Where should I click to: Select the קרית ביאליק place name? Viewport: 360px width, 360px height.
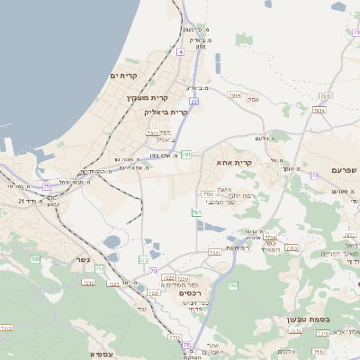click(166, 112)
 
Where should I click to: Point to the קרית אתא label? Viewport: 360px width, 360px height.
click(233, 163)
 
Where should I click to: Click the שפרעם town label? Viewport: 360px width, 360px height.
click(345, 169)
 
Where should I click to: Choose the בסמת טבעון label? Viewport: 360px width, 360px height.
click(338, 319)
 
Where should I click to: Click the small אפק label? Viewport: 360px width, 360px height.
click(253, 99)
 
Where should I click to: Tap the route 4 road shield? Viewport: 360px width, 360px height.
click(180, 52)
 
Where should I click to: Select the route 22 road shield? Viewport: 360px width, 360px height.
click(193, 102)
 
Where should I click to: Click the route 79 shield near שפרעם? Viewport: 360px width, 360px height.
click(315, 175)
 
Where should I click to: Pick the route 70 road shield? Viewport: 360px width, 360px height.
click(154, 270)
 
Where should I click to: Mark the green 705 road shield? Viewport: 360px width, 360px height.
click(35, 259)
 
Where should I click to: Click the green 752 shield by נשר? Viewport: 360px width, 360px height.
click(99, 268)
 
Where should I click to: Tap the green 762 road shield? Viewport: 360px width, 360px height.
click(232, 285)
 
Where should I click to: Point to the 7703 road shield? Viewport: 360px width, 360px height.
click(208, 193)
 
